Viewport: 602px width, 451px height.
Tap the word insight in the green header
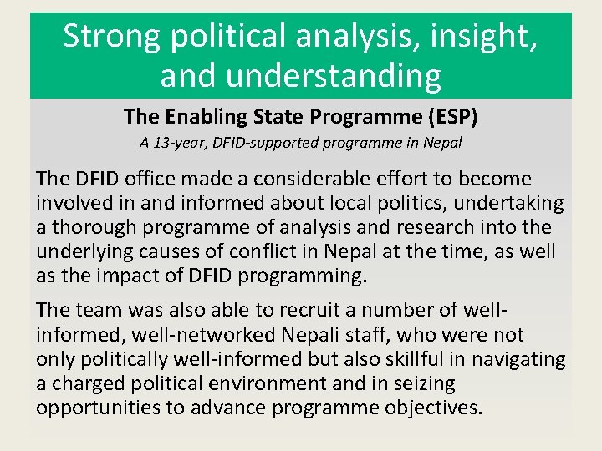pos(484,37)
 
